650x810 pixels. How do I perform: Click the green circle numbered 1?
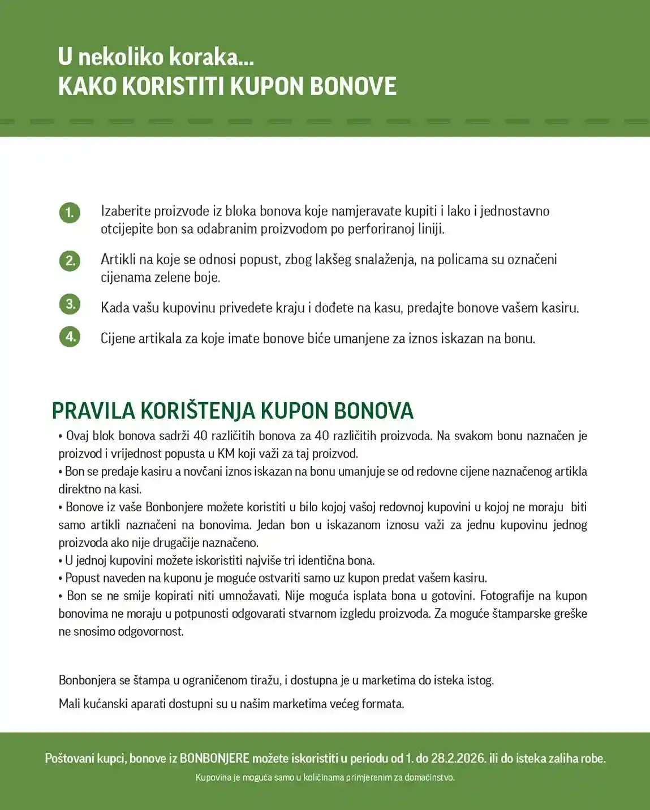point(70,213)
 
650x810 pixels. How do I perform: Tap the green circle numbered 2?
point(70,261)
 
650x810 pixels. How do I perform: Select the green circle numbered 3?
point(70,304)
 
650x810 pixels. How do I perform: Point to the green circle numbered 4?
point(70,337)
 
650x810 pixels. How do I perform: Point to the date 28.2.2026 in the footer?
point(458,759)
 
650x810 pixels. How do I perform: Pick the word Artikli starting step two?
point(118,260)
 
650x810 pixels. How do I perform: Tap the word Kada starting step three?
point(115,308)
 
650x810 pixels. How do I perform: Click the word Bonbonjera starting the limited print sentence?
point(87,680)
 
